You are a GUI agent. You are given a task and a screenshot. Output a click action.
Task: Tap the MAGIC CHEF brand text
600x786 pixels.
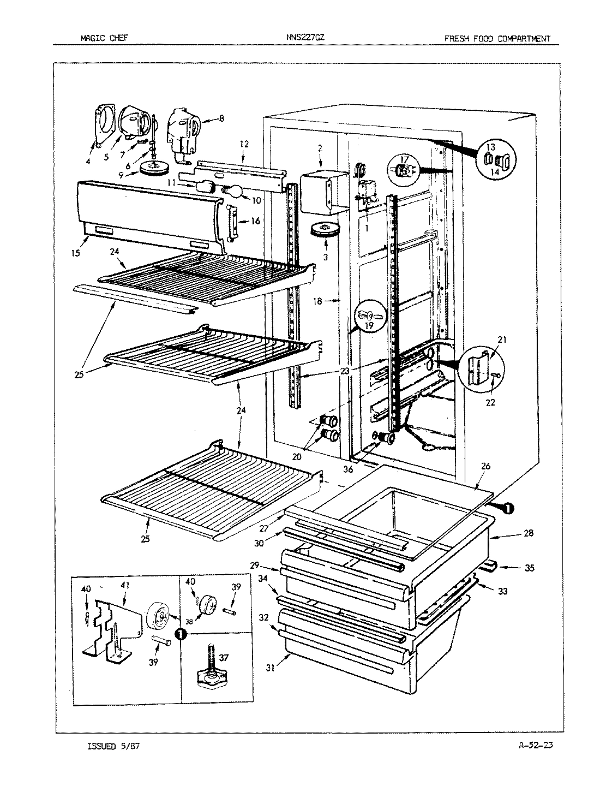(x=104, y=38)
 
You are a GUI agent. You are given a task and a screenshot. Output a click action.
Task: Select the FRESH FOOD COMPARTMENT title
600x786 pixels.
(x=497, y=38)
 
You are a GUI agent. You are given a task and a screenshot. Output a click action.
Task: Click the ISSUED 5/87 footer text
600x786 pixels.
(x=116, y=746)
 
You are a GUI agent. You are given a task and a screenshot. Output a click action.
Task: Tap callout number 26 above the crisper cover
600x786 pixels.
(x=486, y=466)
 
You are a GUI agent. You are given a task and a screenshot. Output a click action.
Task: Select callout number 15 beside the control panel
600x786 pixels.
(x=75, y=253)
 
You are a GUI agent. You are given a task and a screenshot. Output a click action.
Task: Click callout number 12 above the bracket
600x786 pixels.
(x=244, y=144)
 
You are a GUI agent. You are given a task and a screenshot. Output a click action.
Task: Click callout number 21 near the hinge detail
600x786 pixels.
(x=502, y=340)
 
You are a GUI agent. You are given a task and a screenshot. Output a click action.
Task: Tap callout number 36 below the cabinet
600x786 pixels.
(x=347, y=468)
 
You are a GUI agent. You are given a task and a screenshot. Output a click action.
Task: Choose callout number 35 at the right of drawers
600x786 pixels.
(x=529, y=568)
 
